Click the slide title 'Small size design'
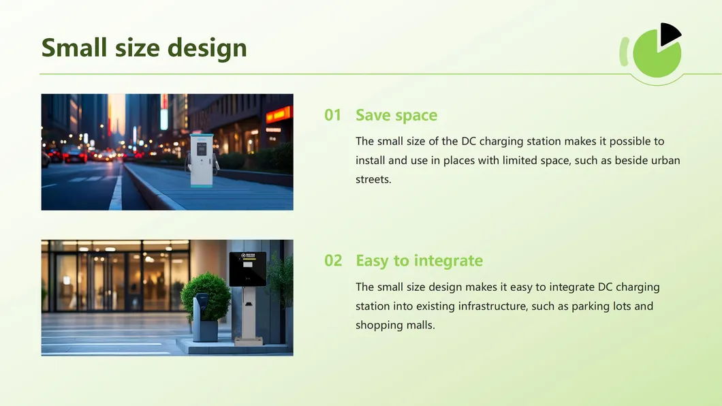[x=144, y=48]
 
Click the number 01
[x=332, y=115]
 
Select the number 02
[x=333, y=260]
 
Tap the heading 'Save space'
[x=396, y=115]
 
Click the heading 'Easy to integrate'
[x=419, y=260]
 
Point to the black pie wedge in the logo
[x=669, y=34]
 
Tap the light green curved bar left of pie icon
[x=623, y=52]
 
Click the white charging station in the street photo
[x=201, y=159]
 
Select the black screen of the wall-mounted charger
[x=247, y=268]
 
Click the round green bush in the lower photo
[x=205, y=294]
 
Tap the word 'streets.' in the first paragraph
[x=373, y=180]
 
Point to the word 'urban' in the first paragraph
[x=665, y=161]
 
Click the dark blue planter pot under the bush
[x=204, y=330]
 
